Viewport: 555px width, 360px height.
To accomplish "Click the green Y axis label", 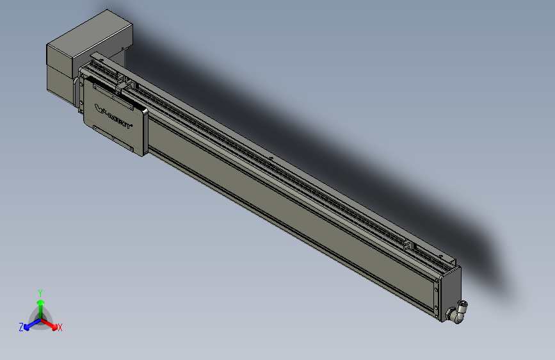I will pyautogui.click(x=40, y=291).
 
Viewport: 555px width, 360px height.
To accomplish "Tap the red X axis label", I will pyautogui.click(x=60, y=327).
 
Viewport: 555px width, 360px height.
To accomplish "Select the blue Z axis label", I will pyautogui.click(x=21, y=327).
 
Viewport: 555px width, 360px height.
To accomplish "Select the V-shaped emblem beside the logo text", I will pyautogui.click(x=100, y=108).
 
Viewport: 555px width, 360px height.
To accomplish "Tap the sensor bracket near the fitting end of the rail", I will pyautogui.click(x=407, y=244).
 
